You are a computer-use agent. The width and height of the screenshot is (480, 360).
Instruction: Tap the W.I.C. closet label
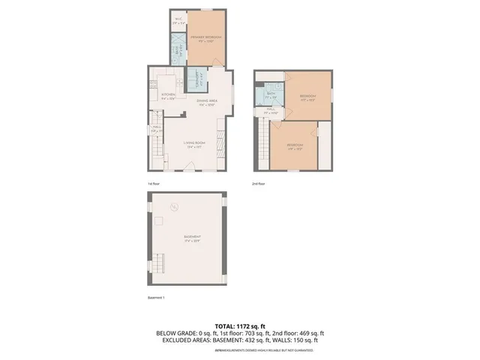[178, 20]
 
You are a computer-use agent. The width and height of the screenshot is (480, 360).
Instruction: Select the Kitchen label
[168, 95]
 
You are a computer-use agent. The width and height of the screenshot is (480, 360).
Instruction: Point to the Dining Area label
[207, 102]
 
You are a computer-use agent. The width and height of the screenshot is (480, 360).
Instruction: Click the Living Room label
[194, 145]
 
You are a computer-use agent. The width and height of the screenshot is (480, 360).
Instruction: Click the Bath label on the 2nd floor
[271, 95]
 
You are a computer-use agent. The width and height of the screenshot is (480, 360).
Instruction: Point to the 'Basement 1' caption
[157, 298]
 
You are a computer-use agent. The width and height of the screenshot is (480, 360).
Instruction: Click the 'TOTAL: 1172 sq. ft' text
[240, 325]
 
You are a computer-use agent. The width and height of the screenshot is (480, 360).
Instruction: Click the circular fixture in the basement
[173, 207]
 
